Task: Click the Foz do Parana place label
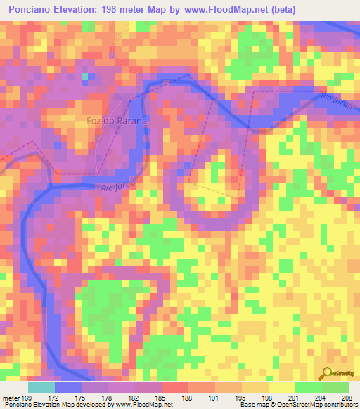point(117,120)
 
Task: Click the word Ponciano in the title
point(29,9)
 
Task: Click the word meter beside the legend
point(11,397)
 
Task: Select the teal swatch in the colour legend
point(41,387)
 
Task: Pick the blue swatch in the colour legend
point(68,387)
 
